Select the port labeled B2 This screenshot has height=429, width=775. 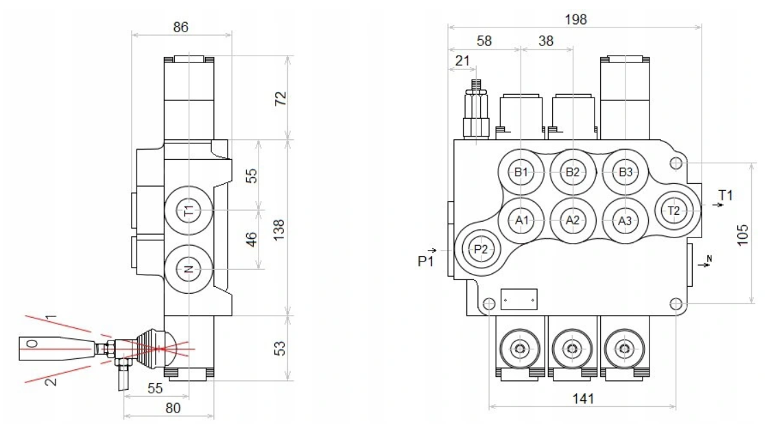pyautogui.click(x=573, y=172)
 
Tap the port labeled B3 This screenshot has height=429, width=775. pyautogui.click(x=625, y=172)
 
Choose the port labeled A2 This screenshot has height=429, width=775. pyautogui.click(x=573, y=220)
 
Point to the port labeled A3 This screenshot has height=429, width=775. pyautogui.click(x=625, y=221)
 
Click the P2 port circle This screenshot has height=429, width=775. pyautogui.click(x=481, y=249)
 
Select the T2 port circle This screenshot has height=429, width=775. pyautogui.click(x=674, y=211)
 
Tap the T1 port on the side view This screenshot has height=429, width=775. pyautogui.click(x=189, y=211)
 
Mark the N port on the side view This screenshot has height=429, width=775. pyautogui.click(x=189, y=269)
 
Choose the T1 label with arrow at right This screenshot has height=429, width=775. pyautogui.click(x=725, y=196)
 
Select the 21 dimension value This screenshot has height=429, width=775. pyautogui.click(x=463, y=60)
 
